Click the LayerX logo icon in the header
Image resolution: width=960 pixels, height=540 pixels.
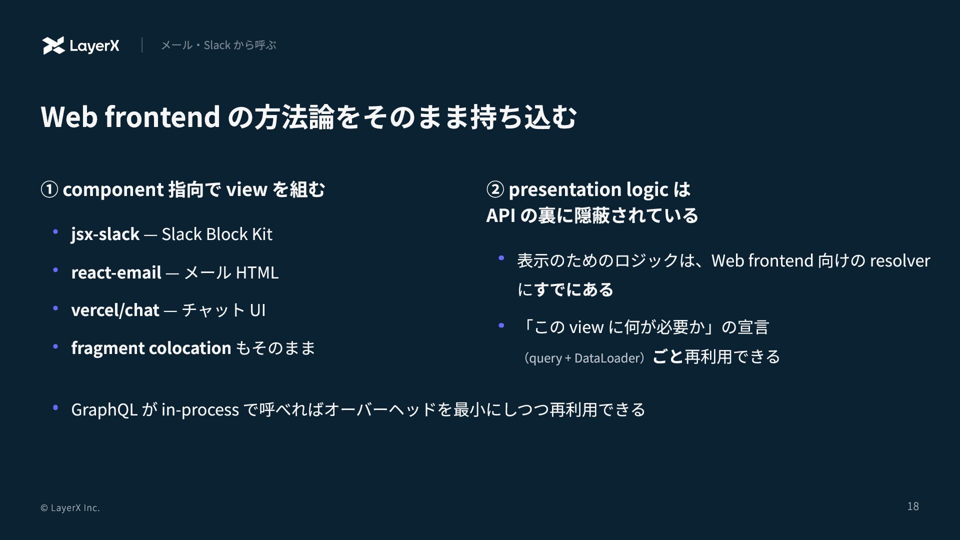(53, 45)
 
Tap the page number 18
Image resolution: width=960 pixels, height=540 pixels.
(913, 506)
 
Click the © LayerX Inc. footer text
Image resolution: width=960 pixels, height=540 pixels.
(70, 507)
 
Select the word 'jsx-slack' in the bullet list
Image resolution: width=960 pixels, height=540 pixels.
(105, 234)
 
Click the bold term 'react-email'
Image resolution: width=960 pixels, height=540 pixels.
(116, 272)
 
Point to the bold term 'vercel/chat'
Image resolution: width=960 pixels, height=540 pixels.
(115, 310)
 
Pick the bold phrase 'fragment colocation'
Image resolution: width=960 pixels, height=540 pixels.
(151, 348)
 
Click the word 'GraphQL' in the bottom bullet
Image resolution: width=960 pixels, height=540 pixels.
(104, 409)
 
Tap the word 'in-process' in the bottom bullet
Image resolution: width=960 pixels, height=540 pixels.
(200, 410)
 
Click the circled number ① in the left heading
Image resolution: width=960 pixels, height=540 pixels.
(49, 189)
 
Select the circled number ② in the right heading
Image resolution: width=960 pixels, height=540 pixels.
(495, 189)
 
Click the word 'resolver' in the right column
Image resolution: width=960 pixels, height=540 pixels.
(900, 260)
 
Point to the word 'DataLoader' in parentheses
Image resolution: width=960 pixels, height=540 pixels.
(607, 358)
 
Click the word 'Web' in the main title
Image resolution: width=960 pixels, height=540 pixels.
(69, 116)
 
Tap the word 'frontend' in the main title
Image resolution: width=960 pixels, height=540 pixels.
(162, 116)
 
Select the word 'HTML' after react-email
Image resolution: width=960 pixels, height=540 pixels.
(257, 272)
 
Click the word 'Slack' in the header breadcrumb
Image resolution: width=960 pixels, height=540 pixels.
(217, 45)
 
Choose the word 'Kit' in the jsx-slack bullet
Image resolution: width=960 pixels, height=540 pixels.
(262, 234)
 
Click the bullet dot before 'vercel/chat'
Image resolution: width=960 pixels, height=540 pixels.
(55, 308)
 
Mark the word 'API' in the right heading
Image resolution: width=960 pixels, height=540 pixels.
(500, 215)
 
